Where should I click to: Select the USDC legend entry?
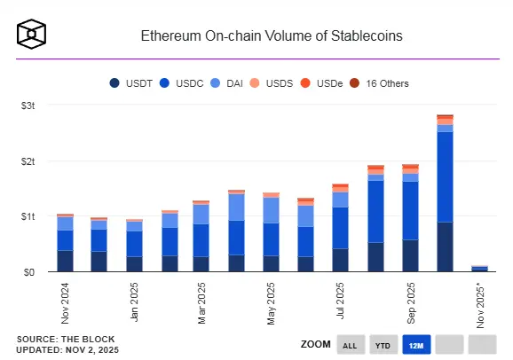tap(183, 83)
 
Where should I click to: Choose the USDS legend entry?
tap(276, 83)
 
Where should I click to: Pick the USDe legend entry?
tap(327, 83)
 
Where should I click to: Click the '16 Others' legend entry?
tap(383, 83)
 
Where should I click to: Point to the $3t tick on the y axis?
tap(28, 106)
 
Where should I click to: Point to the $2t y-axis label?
tap(28, 161)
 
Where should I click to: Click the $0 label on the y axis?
tap(31, 272)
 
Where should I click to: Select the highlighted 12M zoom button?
tap(416, 344)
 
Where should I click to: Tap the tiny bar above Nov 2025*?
tap(479, 268)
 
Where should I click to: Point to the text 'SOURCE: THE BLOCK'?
tap(61, 340)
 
